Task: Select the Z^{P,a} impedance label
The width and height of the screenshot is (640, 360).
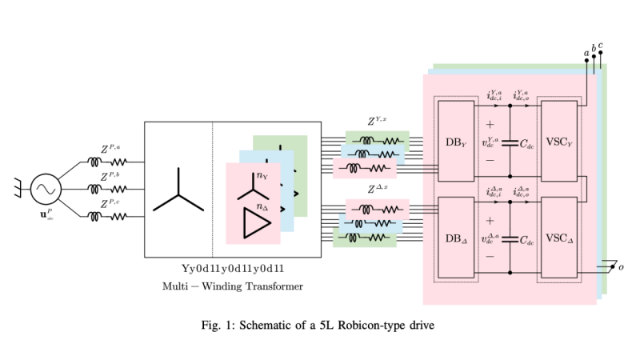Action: point(110,149)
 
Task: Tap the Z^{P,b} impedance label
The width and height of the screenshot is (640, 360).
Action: point(110,177)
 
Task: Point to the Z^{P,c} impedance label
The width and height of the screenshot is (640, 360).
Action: point(110,204)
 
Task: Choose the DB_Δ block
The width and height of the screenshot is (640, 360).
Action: point(456,238)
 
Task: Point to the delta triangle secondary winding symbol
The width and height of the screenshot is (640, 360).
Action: point(255,222)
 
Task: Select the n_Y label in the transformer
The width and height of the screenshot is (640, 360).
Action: point(262,176)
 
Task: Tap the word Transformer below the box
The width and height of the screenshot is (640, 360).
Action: point(270,286)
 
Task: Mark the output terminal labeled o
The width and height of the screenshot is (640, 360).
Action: point(620,266)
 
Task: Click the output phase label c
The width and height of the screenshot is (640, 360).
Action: point(601,45)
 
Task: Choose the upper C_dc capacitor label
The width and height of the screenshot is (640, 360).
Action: point(527,146)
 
